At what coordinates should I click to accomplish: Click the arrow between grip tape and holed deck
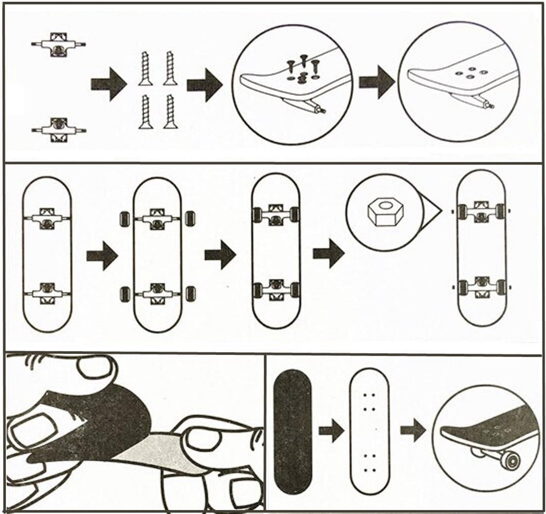pos(331,431)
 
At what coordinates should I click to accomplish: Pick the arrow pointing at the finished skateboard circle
pos(412,431)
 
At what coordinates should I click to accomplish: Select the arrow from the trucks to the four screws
pos(108,84)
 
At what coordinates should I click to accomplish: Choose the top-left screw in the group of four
pos(145,68)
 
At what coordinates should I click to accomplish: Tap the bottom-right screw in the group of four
pos(171,111)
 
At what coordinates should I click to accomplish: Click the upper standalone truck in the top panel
pos(58,44)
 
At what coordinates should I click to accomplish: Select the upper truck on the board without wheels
pos(47,218)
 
